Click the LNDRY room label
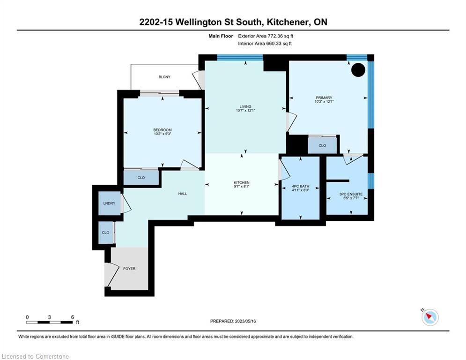click(x=109, y=203)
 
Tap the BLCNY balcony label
click(x=164, y=77)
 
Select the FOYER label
click(x=129, y=269)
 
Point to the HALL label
click(x=183, y=194)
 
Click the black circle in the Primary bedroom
click(x=358, y=70)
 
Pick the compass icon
click(x=430, y=317)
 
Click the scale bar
click(x=49, y=322)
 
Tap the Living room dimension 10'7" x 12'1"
click(x=245, y=110)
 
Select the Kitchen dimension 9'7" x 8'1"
click(x=242, y=187)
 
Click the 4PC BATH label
click(x=301, y=186)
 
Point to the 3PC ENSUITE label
click(x=351, y=194)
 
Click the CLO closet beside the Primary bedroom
click(x=322, y=145)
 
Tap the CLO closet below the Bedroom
click(x=141, y=178)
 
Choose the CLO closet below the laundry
click(x=105, y=232)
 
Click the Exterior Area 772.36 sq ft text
click(x=266, y=36)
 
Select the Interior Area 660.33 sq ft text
click(x=265, y=44)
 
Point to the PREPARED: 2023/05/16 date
click(x=233, y=321)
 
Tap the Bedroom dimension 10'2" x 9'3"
click(x=163, y=134)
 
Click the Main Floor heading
click(x=221, y=36)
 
